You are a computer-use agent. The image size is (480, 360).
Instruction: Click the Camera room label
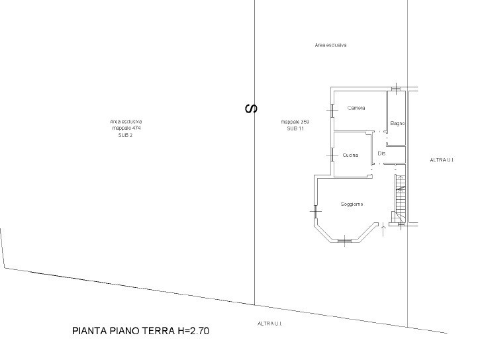pos(356,108)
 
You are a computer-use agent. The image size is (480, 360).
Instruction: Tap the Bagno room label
pos(397,124)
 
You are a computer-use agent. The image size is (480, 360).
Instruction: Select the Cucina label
pos(350,156)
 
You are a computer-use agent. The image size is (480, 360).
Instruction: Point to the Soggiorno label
pos(352,204)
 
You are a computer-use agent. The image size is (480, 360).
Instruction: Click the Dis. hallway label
pos(381,154)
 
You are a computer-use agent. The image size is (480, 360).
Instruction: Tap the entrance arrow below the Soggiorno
pos(383,230)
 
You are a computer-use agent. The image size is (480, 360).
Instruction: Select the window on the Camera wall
pos(332,111)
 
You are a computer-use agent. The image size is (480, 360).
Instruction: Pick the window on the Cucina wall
pos(332,156)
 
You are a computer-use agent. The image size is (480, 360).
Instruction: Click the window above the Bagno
pos(396,89)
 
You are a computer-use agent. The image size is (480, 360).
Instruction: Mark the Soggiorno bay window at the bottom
pos(345,241)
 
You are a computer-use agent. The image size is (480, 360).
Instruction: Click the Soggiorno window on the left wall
pos(315,211)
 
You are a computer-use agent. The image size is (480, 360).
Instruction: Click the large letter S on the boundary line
pos(252,109)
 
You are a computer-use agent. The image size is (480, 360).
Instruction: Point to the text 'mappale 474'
pos(126,128)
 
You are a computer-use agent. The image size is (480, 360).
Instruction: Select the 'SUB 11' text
pos(295,129)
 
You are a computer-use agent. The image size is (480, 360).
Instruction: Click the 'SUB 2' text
pos(126,135)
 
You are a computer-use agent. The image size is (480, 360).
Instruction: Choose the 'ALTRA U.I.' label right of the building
pos(442,160)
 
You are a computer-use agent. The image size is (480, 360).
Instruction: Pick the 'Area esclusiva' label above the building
pos(330,45)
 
